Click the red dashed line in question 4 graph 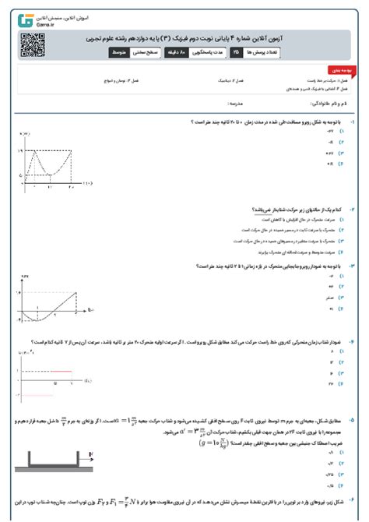pyautogui.click(x=43, y=365)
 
